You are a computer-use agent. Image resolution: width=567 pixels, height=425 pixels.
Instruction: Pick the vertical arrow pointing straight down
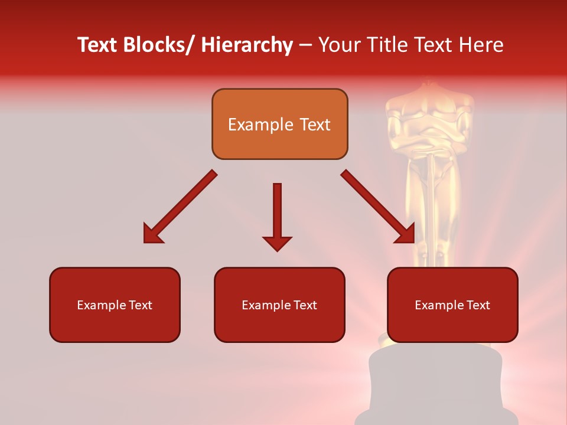[x=277, y=216]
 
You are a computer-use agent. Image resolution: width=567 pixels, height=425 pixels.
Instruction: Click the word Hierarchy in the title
[x=246, y=45]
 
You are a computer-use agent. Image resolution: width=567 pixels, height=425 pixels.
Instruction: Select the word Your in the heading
[x=338, y=45]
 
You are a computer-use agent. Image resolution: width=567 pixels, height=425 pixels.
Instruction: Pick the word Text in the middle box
[x=304, y=305]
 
